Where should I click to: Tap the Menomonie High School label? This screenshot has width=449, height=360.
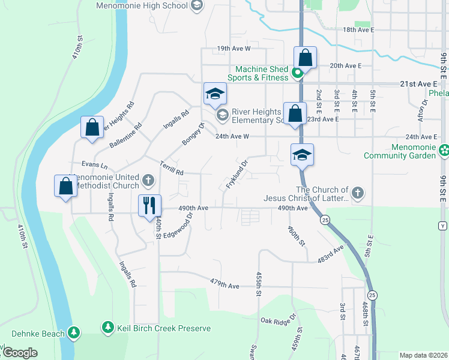142,6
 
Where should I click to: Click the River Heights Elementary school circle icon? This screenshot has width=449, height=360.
221,115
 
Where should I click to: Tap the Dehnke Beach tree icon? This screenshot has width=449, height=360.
74,331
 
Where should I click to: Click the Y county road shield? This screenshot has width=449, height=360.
443,226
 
